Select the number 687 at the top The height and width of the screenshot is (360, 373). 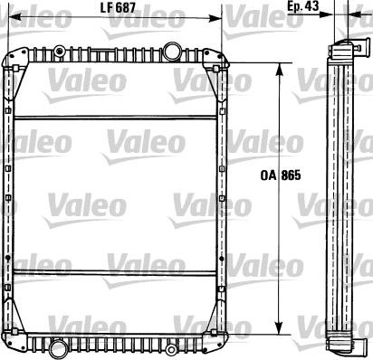click(126, 9)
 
